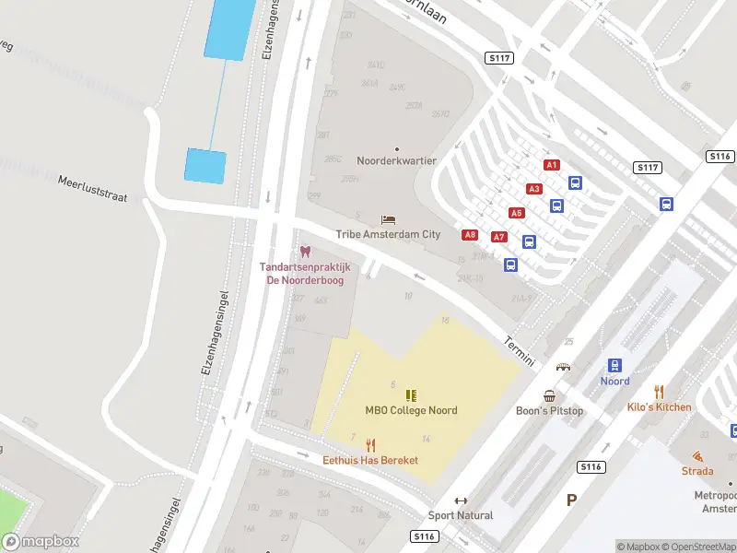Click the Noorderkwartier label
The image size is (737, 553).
[396, 160]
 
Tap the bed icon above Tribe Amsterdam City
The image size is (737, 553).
[388, 219]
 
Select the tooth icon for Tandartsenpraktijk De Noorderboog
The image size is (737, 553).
[305, 252]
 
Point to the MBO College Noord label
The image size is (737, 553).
[411, 411]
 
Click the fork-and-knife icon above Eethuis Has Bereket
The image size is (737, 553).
[370, 444]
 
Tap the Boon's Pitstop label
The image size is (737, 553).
[549, 411]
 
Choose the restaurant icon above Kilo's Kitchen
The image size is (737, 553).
[659, 392]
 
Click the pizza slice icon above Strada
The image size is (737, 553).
[697, 456]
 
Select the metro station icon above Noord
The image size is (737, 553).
[614, 366]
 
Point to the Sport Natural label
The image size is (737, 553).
[461, 515]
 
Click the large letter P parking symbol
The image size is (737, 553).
[571, 500]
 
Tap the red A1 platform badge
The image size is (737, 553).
[552, 165]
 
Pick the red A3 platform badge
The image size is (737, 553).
[534, 189]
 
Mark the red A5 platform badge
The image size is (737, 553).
[517, 213]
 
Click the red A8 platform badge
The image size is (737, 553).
[470, 235]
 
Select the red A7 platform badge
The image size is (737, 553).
[499, 237]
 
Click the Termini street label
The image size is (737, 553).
[520, 352]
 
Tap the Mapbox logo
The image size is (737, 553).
[41, 542]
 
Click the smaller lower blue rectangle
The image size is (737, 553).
[205, 166]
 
